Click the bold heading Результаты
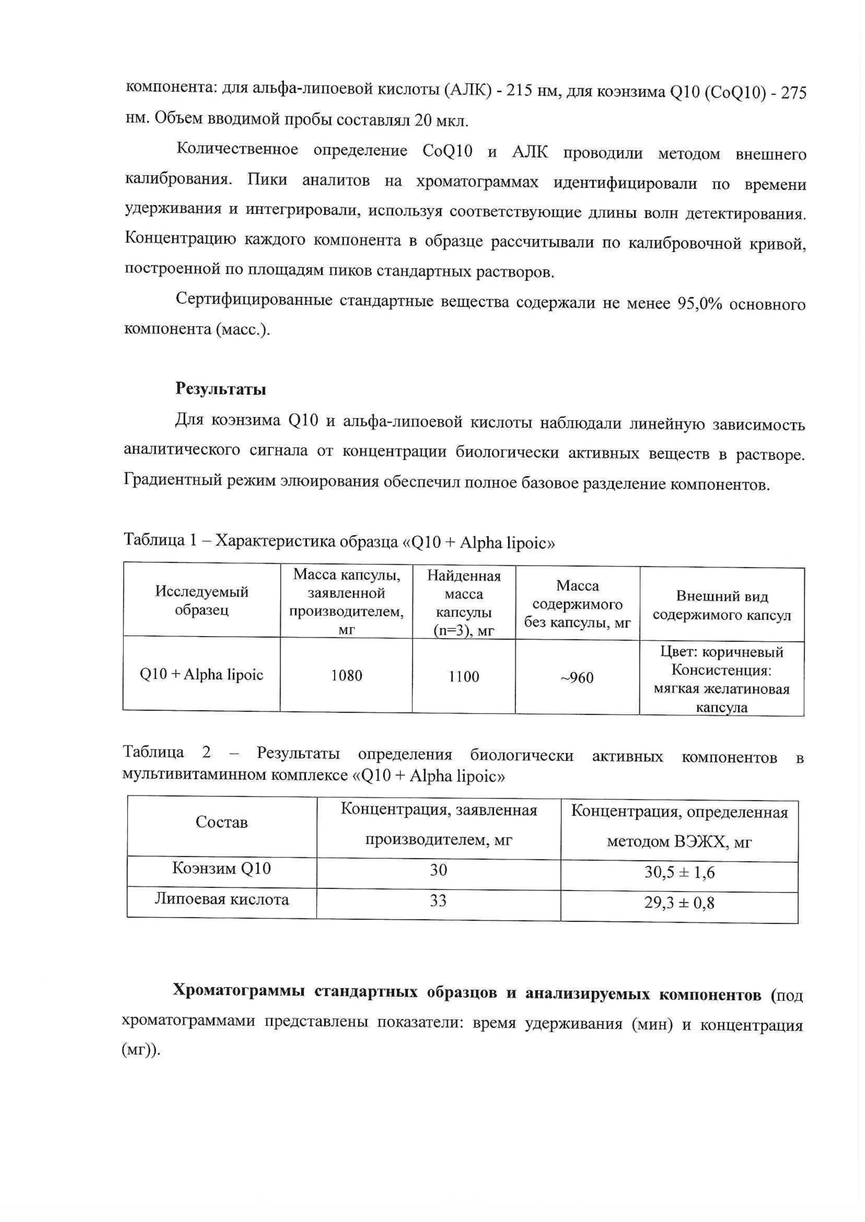tap(220, 389)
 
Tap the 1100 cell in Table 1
tap(464, 677)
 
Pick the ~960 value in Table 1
tap(577, 678)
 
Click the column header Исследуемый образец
tap(202, 600)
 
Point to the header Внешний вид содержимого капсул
tap(722, 605)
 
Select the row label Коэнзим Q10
tap(221, 869)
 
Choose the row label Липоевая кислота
tap(221, 900)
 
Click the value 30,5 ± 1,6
tap(679, 872)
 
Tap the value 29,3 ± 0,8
tap(679, 903)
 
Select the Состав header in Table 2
tap(221, 823)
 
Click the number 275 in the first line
tap(794, 94)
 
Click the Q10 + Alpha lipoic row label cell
tap(202, 675)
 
